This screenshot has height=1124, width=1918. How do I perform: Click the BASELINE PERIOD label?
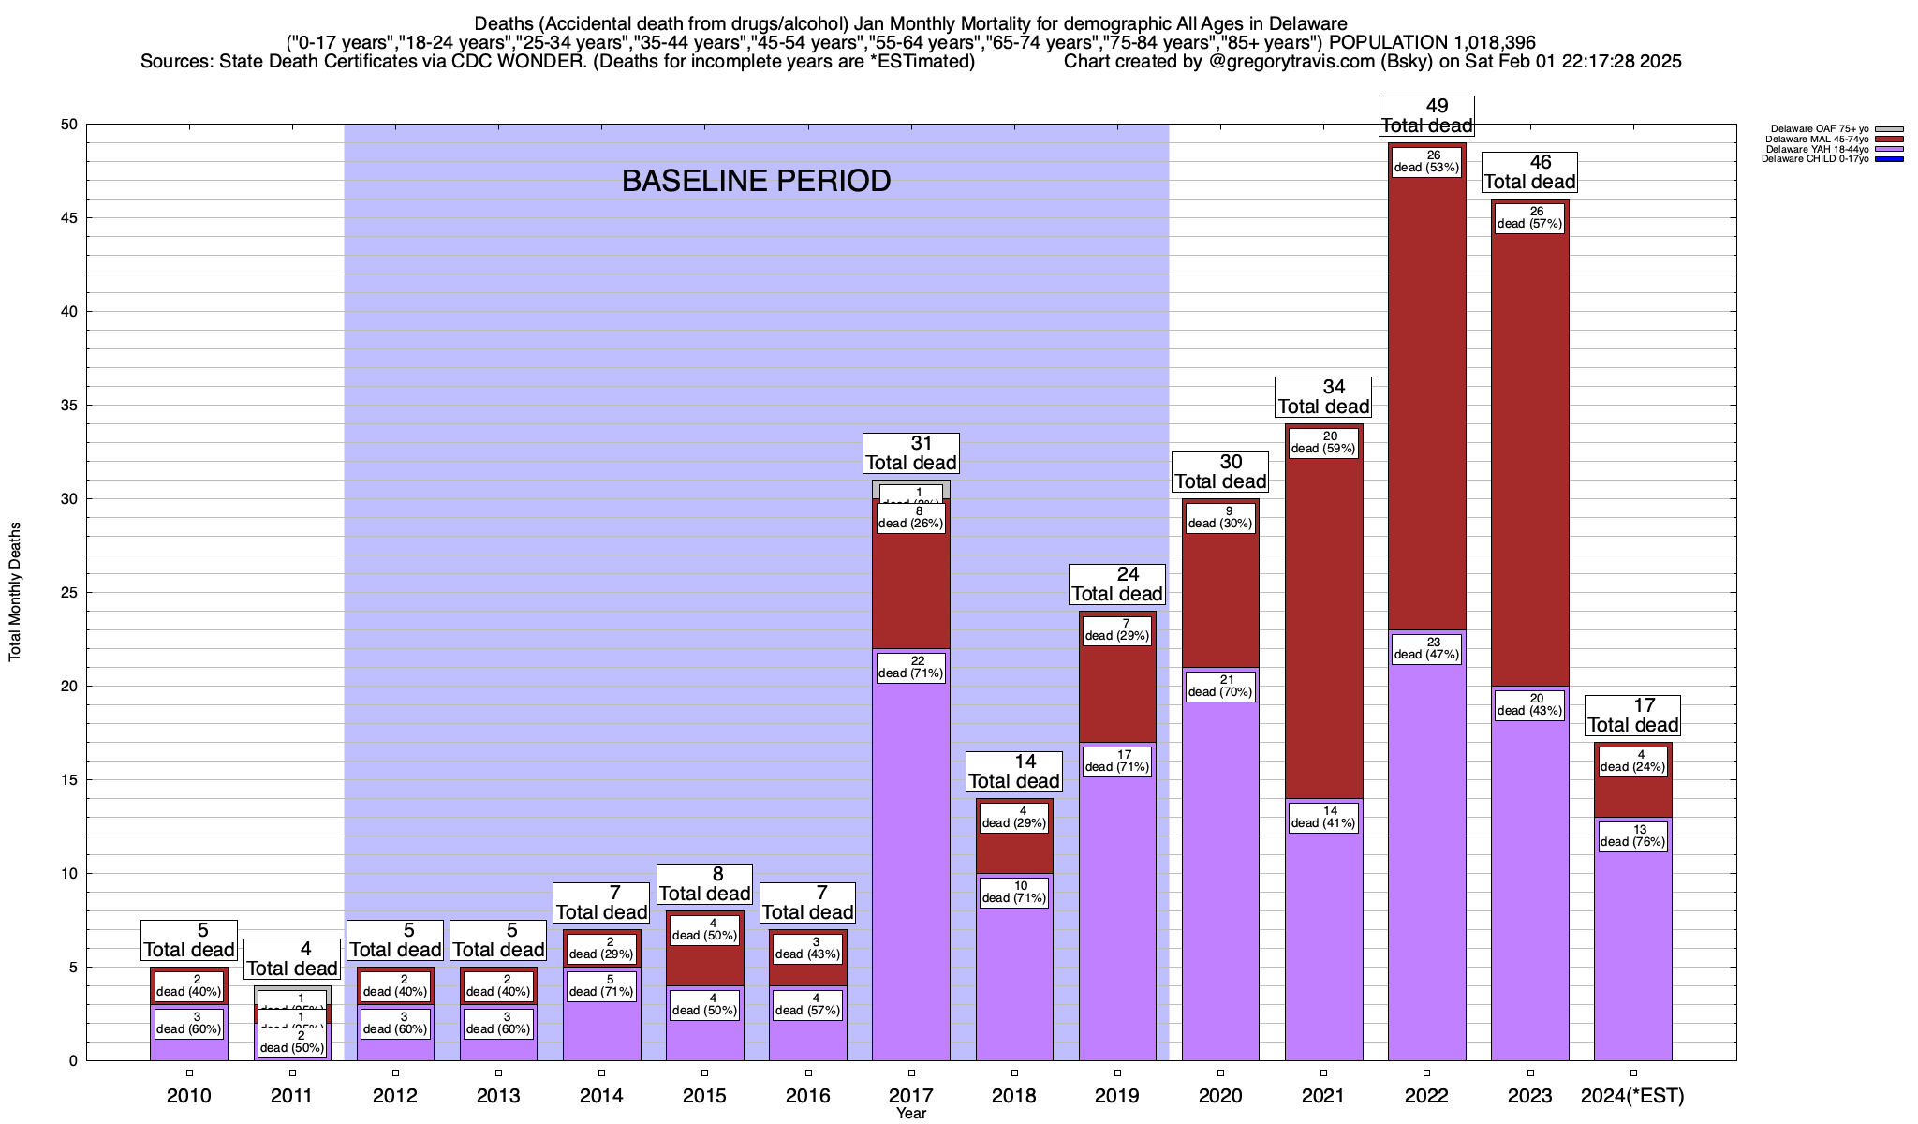pyautogui.click(x=756, y=181)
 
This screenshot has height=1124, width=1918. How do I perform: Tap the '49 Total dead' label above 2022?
pyautogui.click(x=1426, y=116)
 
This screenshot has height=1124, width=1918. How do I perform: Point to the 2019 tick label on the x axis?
pyautogui.click(x=1117, y=1095)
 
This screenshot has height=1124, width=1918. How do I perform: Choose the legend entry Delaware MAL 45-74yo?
pyautogui.click(x=1817, y=140)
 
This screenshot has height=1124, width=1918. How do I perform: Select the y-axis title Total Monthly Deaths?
pyautogui.click(x=15, y=592)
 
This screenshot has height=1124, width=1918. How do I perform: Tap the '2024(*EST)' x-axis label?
pyautogui.click(x=1632, y=1095)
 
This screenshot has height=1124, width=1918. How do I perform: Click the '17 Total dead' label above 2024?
pyautogui.click(x=1633, y=716)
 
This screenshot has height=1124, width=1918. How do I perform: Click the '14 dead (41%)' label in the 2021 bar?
pyautogui.click(x=1323, y=817)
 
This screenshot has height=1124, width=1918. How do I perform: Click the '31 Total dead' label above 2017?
pyautogui.click(x=910, y=453)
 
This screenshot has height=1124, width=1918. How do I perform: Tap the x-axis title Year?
pyautogui.click(x=910, y=1113)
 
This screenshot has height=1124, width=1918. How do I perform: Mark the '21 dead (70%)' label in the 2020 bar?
pyautogui.click(x=1220, y=686)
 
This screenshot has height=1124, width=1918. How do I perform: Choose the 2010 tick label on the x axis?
pyautogui.click(x=189, y=1095)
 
